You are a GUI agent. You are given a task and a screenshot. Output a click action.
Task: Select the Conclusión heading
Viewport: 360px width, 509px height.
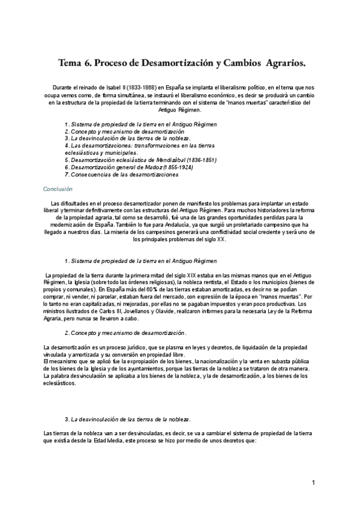click(58, 188)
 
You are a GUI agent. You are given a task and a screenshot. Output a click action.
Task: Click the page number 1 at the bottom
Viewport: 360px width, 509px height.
click(313, 483)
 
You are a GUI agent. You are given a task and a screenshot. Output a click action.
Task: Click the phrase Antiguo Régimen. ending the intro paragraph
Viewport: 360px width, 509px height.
click(180, 110)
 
